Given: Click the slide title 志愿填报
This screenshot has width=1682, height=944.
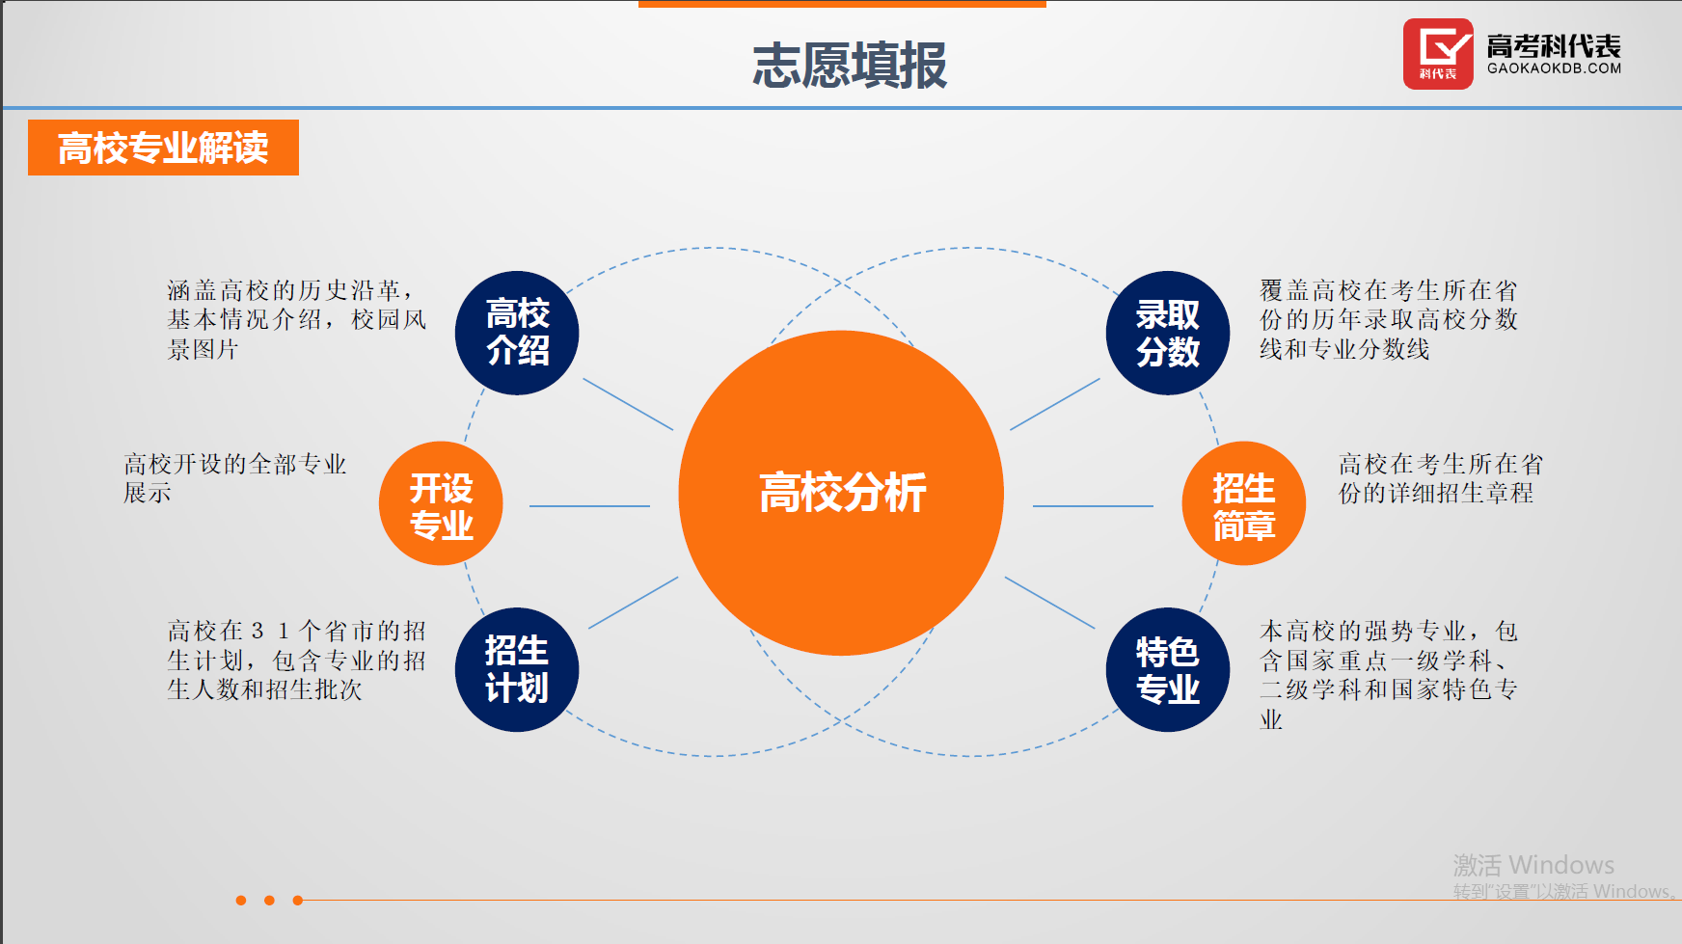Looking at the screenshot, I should coord(849,66).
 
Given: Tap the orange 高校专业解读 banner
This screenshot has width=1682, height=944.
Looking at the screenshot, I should coord(163,148).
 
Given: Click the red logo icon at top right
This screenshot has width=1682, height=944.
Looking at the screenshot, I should coord(1437,54).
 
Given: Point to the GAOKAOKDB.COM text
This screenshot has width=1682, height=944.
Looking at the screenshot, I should coord(1554,68).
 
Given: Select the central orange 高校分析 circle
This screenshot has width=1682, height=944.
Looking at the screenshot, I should coord(841,493).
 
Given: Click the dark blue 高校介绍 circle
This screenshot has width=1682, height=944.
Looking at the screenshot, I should coord(517,333).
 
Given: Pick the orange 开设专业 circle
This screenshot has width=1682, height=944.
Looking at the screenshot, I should coord(441,503).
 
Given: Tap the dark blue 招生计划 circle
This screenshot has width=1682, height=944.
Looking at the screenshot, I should coord(517,669).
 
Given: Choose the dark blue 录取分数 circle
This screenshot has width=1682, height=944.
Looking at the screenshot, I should coord(1167,333).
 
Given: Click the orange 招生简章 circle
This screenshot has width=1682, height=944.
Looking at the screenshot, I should coord(1243,503).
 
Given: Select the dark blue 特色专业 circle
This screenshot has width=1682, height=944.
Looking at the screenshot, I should coord(1167,669).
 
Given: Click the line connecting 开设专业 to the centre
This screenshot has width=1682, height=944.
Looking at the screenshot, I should coord(589,505).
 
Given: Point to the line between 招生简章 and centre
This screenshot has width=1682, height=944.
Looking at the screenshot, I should coord(1093,505).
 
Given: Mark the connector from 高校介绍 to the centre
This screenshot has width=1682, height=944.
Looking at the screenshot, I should coord(628,404).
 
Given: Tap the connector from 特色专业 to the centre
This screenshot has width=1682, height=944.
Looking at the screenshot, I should coord(1049,603).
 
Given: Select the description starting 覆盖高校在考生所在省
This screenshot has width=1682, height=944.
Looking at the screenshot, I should coord(1388,319).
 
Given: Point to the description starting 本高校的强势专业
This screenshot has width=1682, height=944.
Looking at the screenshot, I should coord(1388,674).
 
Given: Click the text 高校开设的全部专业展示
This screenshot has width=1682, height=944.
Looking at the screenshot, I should coord(234,478).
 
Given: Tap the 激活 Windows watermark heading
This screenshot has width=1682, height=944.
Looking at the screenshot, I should coord(1533,864).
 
